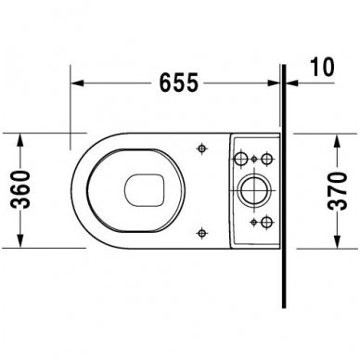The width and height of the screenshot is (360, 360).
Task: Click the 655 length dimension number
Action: click(x=175, y=83)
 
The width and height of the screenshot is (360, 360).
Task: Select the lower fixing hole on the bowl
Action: click(x=202, y=233)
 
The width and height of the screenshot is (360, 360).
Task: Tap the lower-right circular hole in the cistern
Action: click(x=265, y=221)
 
